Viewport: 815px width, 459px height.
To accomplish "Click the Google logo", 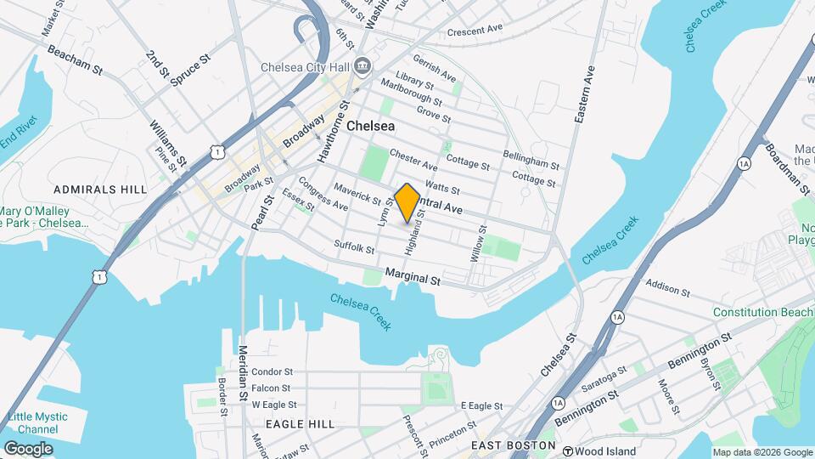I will [x=28, y=448].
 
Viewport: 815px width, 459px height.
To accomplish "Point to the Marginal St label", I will [x=413, y=278].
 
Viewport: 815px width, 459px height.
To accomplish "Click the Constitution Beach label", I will [x=762, y=313].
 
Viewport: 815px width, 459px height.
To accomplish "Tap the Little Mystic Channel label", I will [x=37, y=422].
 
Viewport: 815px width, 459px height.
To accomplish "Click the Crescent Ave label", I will [x=475, y=30].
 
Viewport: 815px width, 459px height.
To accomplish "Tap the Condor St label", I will [x=272, y=371].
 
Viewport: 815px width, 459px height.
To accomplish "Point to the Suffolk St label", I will [x=354, y=248].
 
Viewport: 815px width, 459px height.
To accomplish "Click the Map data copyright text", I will [x=761, y=452].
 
